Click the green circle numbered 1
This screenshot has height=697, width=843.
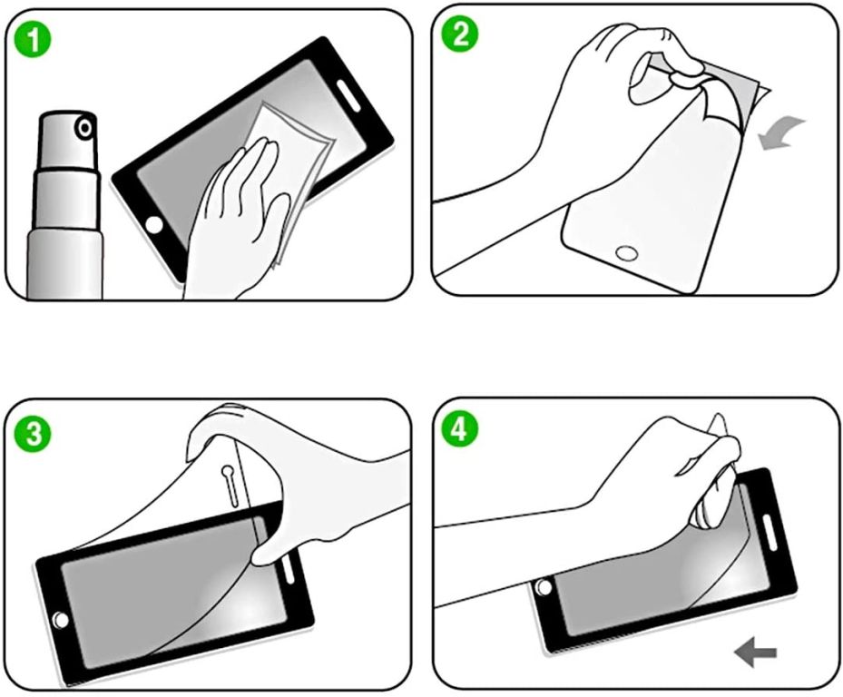[x=34, y=41]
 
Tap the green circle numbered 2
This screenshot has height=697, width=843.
[x=459, y=34]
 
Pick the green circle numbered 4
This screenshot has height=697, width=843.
[x=459, y=429]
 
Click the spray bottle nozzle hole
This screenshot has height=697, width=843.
[x=85, y=129]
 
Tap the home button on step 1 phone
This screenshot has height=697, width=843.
[x=154, y=225]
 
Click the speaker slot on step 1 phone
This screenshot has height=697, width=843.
[x=348, y=94]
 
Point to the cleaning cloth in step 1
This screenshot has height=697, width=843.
[x=290, y=178]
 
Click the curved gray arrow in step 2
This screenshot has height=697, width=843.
[x=780, y=134]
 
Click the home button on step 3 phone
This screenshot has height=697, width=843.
[x=61, y=621]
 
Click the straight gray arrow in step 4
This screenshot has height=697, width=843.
[x=755, y=653]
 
